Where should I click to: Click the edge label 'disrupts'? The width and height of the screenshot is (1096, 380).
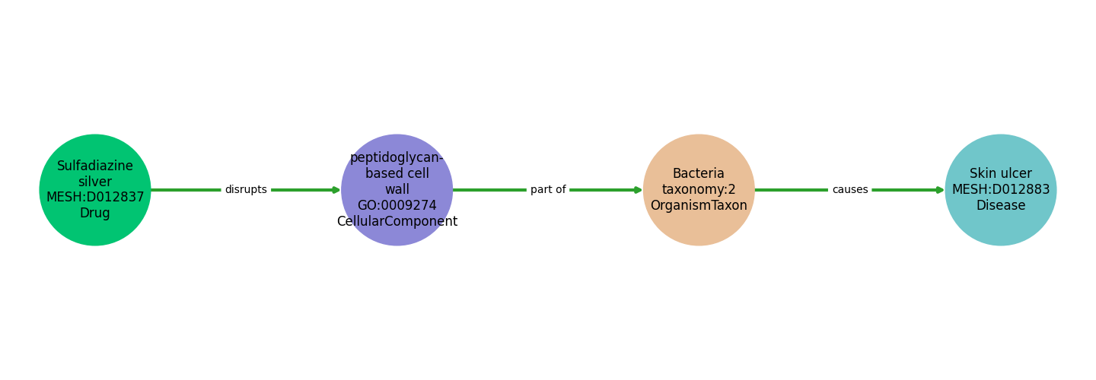click(x=246, y=190)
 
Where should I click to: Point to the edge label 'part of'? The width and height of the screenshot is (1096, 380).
click(x=548, y=190)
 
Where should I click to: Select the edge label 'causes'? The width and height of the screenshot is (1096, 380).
click(x=849, y=190)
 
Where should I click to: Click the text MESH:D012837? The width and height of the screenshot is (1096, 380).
click(x=95, y=198)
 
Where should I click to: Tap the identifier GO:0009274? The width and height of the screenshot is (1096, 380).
click(x=397, y=206)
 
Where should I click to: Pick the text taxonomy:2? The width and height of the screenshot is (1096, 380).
click(x=699, y=190)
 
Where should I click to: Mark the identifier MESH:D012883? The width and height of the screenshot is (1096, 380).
click(x=1000, y=190)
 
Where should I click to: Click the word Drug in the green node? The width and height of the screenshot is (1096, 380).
click(x=95, y=214)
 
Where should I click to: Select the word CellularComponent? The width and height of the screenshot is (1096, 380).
click(x=397, y=222)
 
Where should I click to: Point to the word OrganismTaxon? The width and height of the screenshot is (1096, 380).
click(x=699, y=206)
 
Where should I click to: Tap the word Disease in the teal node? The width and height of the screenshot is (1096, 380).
click(x=1000, y=206)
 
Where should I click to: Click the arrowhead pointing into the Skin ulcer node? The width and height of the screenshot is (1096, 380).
click(x=940, y=190)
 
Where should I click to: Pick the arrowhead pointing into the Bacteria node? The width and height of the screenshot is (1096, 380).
click(x=638, y=190)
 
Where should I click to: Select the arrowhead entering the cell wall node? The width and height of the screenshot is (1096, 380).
click(x=336, y=190)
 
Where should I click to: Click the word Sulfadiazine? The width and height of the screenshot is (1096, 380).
click(x=95, y=166)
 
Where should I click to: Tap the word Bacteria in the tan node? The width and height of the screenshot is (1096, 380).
click(x=699, y=174)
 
